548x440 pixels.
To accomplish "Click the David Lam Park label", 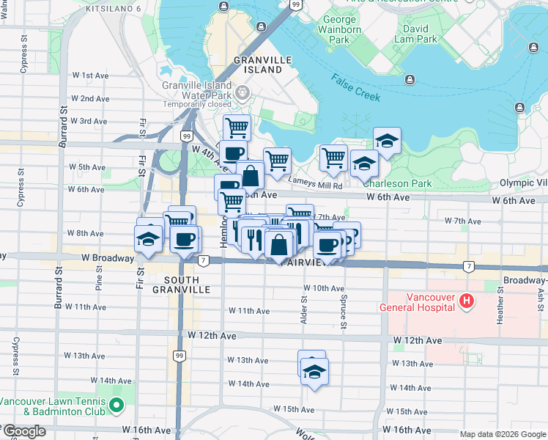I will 415,34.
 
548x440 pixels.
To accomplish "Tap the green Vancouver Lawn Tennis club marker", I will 116,405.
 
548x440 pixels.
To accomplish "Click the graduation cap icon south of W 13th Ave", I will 314,371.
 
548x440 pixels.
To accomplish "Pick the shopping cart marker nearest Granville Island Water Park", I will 237,128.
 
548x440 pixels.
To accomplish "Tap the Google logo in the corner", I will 23,431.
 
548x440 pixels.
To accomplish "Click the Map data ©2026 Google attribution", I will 503,434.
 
